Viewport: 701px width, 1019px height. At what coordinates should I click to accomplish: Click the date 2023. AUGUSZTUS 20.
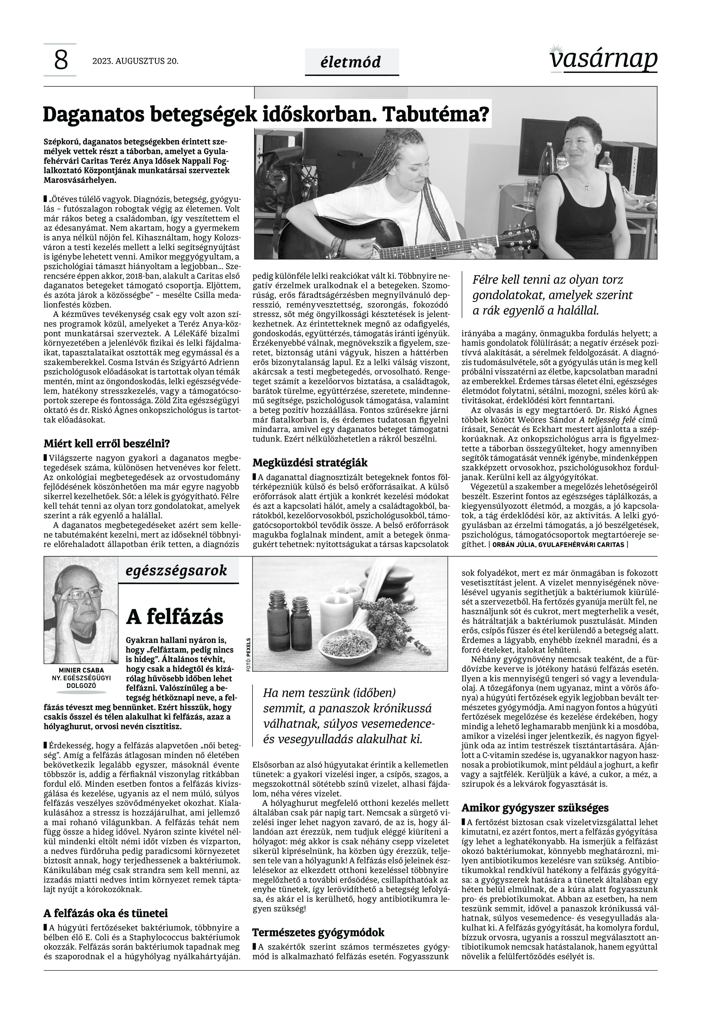pos(135,61)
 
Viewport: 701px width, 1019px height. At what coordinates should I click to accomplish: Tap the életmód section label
pos(351,62)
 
